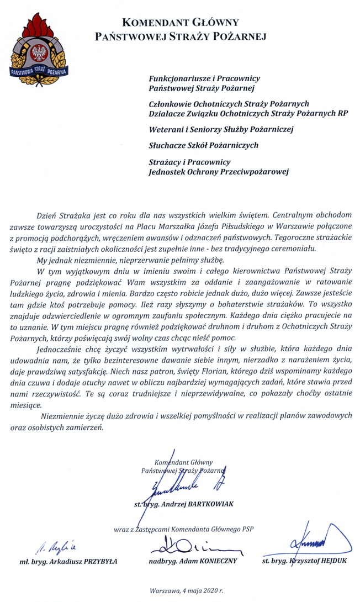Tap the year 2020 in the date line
[202, 591]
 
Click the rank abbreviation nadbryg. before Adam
[163, 562]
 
